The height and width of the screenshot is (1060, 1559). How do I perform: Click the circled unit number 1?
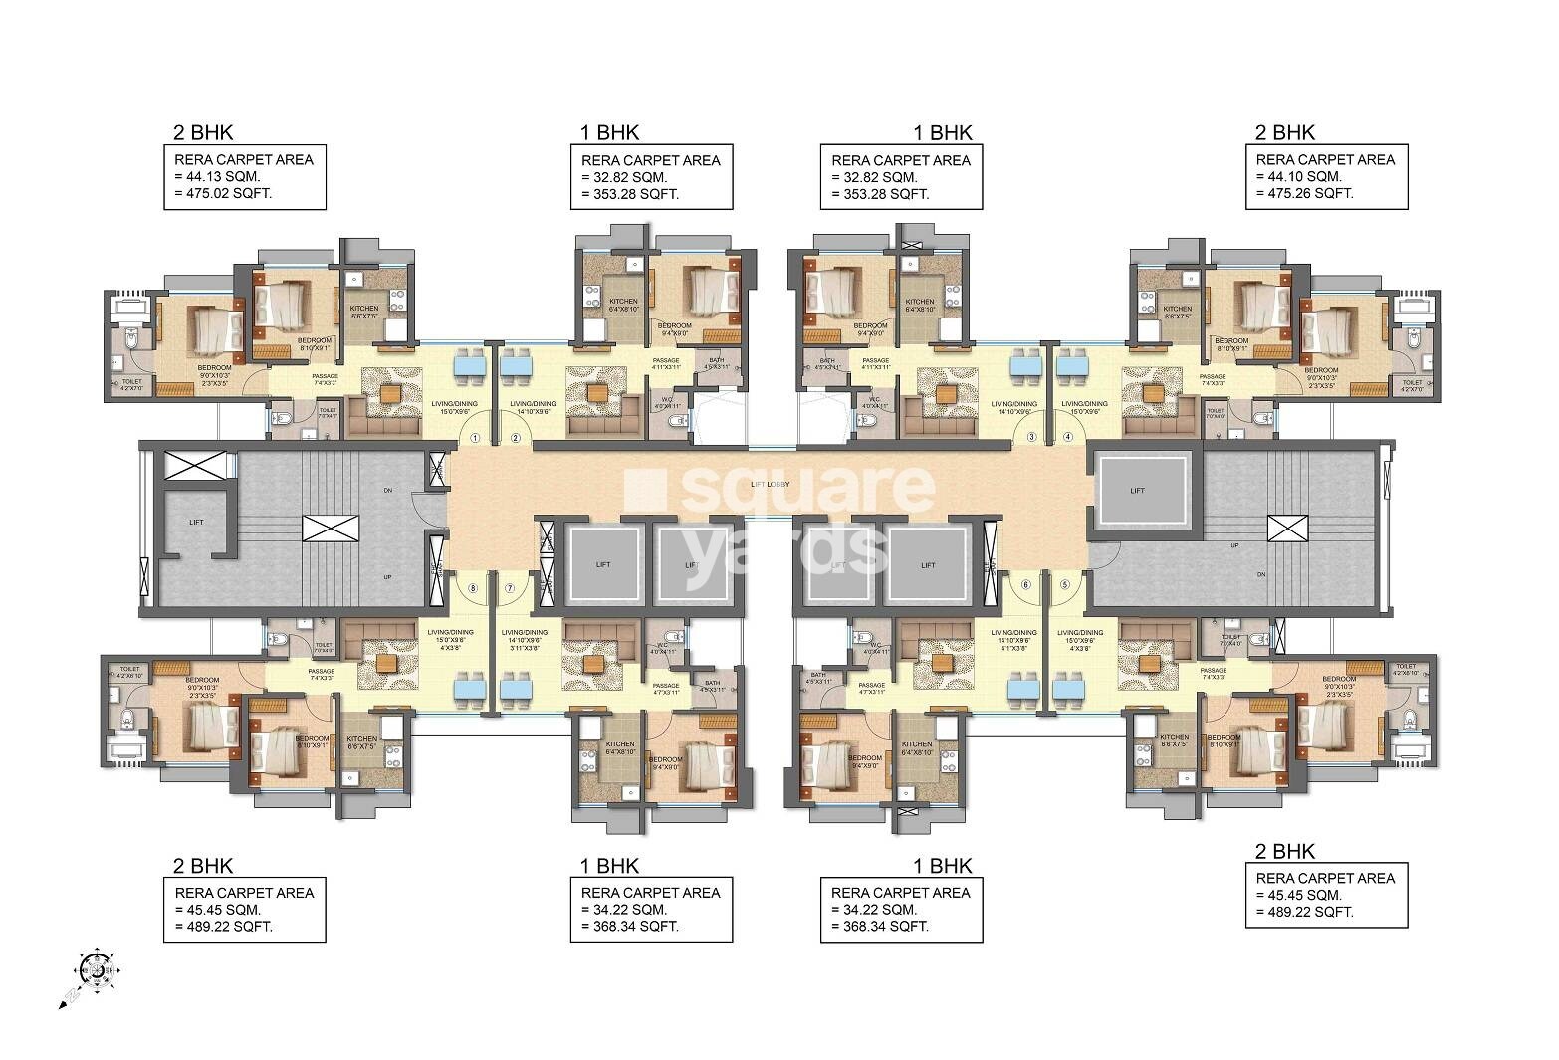click(475, 437)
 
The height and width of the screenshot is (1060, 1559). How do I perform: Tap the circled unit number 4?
click(1068, 436)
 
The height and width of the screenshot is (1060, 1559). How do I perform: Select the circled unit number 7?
click(509, 588)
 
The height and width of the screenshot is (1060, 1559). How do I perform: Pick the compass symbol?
click(95, 964)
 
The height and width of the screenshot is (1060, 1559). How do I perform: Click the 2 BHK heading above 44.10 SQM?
click(1285, 132)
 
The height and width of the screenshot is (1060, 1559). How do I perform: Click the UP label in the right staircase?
click(1235, 545)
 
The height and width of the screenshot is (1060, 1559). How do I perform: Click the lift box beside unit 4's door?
click(1138, 490)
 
